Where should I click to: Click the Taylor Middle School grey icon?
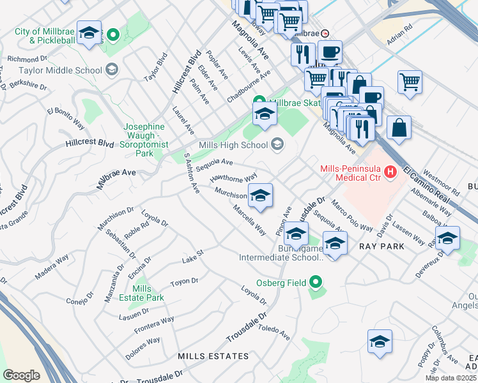112,70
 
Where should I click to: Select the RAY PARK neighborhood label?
378,246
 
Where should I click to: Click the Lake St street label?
192,256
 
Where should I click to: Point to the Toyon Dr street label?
185,282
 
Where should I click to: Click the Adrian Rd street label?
401,36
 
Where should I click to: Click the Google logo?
21,375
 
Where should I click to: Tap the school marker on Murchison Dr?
260,196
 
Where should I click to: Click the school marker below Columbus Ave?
380,342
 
